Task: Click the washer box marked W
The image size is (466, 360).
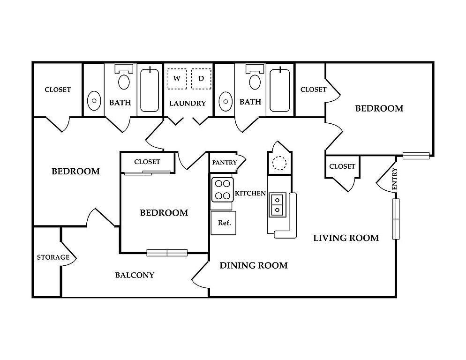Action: pyautogui.click(x=177, y=78)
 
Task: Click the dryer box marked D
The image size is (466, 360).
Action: pyautogui.click(x=201, y=78)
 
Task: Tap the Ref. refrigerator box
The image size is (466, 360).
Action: pyautogui.click(x=224, y=223)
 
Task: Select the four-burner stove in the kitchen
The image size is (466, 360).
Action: pyautogui.click(x=222, y=189)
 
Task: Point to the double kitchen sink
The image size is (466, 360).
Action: pyautogui.click(x=277, y=205)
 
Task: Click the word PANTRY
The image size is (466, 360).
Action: pyautogui.click(x=225, y=163)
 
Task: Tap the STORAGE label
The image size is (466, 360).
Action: pyautogui.click(x=53, y=257)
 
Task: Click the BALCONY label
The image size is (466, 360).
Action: pyautogui.click(x=135, y=275)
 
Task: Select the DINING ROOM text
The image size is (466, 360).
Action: pyautogui.click(x=254, y=266)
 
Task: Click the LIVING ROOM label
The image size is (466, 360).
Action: pyautogui.click(x=346, y=238)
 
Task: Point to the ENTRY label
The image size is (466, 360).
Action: pyautogui.click(x=395, y=179)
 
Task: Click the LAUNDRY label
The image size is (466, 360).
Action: pyautogui.click(x=188, y=103)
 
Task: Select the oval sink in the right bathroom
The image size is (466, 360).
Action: pyautogui.click(x=226, y=101)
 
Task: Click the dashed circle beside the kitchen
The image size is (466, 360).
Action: pyautogui.click(x=279, y=163)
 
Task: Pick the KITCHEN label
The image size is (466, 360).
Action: pyautogui.click(x=250, y=193)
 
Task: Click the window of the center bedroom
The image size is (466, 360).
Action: pyautogui.click(x=167, y=253)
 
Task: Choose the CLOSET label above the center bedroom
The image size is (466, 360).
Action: pyautogui.click(x=147, y=162)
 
